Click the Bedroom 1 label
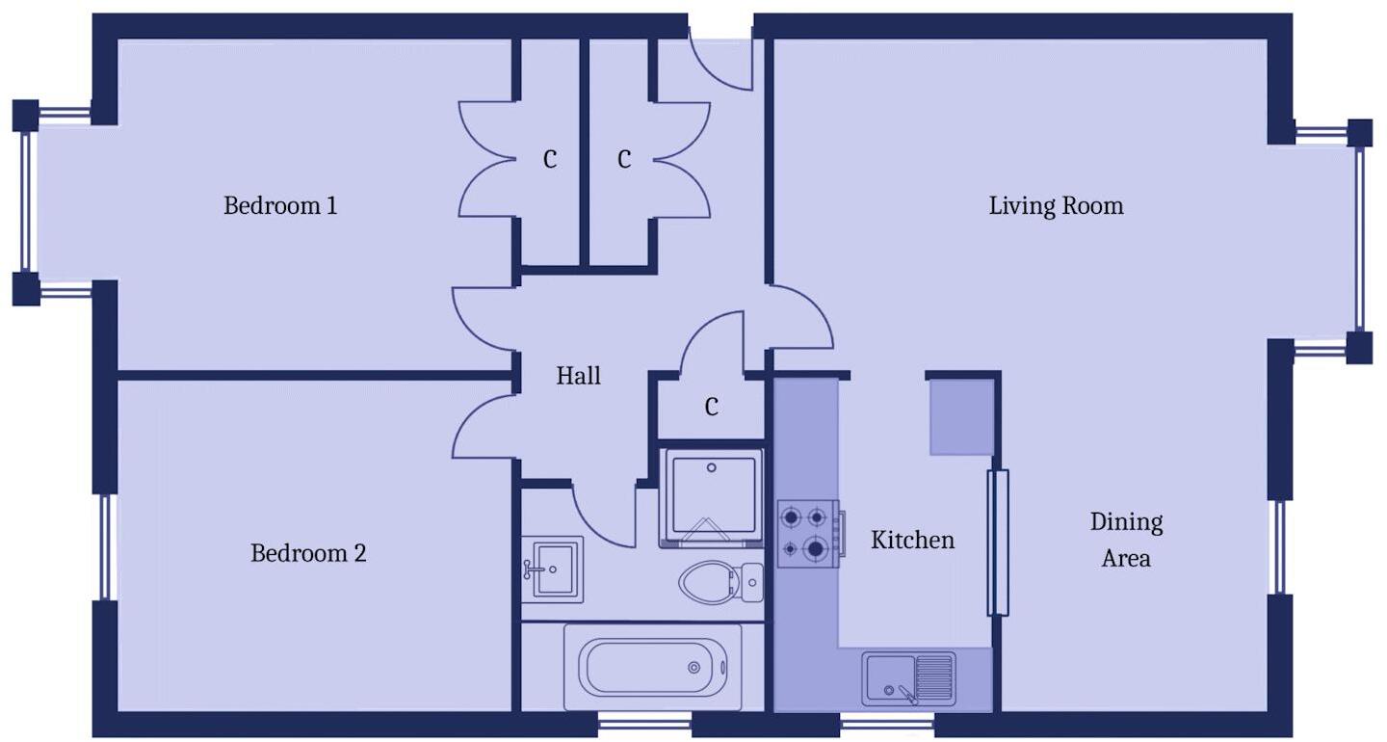click(x=280, y=206)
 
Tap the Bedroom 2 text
click(x=308, y=554)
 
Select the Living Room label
click(x=1056, y=206)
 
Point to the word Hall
click(x=578, y=376)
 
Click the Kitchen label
click(x=912, y=541)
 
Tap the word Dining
click(x=1126, y=522)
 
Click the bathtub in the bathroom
click(x=652, y=667)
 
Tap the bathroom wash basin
click(x=552, y=569)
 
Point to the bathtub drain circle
click(x=693, y=667)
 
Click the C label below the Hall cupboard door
click(x=711, y=408)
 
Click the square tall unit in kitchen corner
click(x=960, y=416)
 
